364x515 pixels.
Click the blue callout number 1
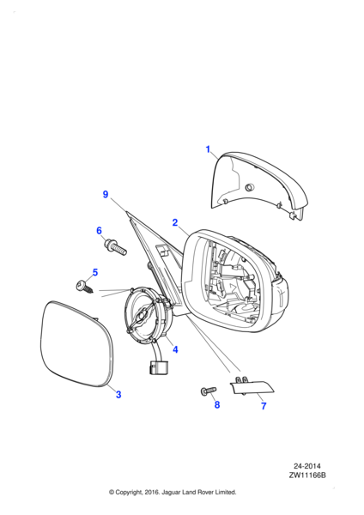pos(208,149)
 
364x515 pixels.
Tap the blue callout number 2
pos(175,222)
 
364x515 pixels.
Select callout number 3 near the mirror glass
pos(118,394)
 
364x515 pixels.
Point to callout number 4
pos(175,349)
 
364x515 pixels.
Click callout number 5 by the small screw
pos(95,272)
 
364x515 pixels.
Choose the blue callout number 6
pos(100,231)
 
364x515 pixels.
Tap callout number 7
pos(264,406)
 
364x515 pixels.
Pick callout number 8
pos(217,404)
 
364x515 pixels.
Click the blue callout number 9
pos(106,194)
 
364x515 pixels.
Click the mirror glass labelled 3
pos(76,342)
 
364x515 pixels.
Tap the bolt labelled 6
pos(115,247)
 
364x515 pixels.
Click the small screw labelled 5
pos(84,286)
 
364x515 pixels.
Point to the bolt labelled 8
pos(209,391)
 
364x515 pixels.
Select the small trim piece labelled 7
pos(252,386)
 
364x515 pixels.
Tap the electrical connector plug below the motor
pos(158,367)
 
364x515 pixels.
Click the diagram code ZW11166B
pos(307,475)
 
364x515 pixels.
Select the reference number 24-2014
pos(307,466)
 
